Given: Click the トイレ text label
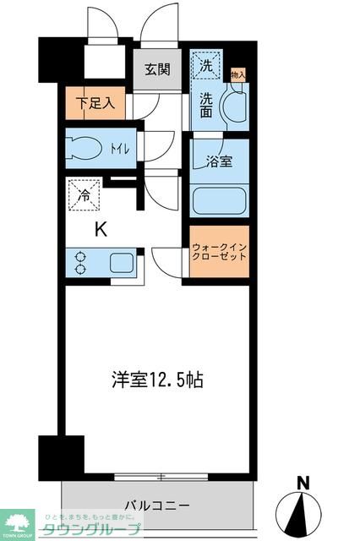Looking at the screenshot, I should tap(119, 150).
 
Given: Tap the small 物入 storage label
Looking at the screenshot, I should tap(238, 75).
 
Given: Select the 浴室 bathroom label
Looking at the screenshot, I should tap(220, 161).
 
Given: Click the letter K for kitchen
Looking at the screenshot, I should tap(100, 228).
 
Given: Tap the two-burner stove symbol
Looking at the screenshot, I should tap(81, 263).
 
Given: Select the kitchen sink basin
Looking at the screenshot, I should tap(122, 262).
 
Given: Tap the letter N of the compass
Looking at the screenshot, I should tap(302, 484).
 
